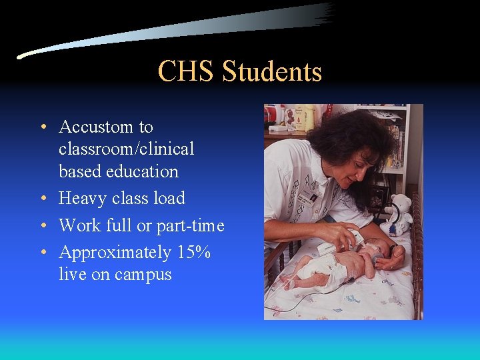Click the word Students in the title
click(271, 72)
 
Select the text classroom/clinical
click(126, 149)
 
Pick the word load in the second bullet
click(169, 199)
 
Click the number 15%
click(193, 253)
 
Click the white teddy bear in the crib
click(399, 213)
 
